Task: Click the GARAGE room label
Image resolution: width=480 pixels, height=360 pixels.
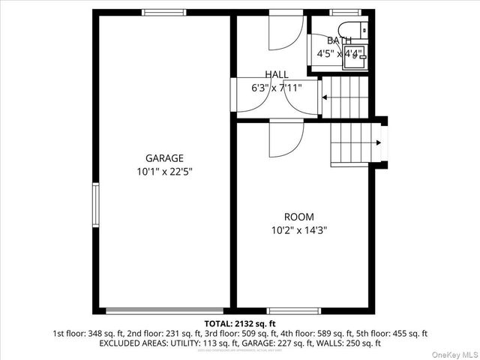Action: pyautogui.click(x=164, y=158)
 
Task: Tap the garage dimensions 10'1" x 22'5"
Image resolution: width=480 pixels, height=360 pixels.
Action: pyautogui.click(x=164, y=171)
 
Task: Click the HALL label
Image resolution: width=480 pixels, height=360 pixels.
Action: pyautogui.click(x=276, y=74)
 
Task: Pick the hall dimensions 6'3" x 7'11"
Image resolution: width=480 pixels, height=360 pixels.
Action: pyautogui.click(x=276, y=88)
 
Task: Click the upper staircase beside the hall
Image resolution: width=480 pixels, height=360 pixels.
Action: pyautogui.click(x=345, y=97)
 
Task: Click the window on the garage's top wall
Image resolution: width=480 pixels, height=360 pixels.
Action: pyautogui.click(x=164, y=12)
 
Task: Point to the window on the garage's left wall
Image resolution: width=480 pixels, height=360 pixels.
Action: pyautogui.click(x=95, y=204)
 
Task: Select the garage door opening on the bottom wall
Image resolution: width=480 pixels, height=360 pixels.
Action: pyautogui.click(x=164, y=310)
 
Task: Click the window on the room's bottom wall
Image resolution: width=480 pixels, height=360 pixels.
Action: pyautogui.click(x=293, y=310)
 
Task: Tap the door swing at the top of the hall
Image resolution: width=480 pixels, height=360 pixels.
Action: pyautogui.click(x=286, y=31)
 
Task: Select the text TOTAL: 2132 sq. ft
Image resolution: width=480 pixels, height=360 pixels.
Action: pyautogui.click(x=240, y=323)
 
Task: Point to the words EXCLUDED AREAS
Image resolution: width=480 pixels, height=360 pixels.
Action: pyautogui.click(x=130, y=343)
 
